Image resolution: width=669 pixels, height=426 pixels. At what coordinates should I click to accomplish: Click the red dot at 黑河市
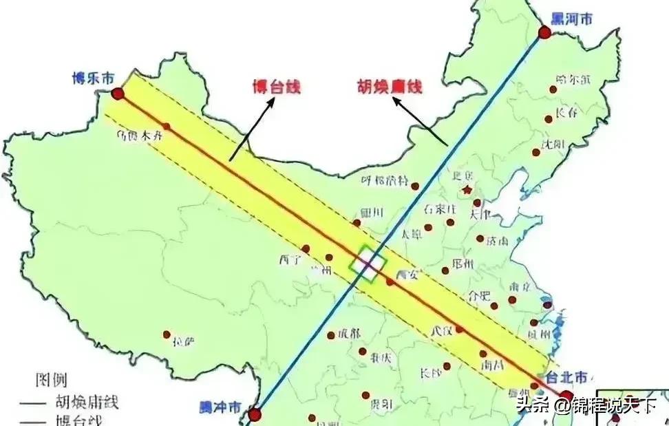coord(544,32)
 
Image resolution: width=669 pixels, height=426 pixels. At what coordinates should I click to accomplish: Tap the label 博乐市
coord(93,79)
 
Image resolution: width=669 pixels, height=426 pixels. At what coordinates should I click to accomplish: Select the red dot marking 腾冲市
coord(255,414)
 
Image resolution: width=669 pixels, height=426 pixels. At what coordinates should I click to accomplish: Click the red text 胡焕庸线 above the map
coord(389,87)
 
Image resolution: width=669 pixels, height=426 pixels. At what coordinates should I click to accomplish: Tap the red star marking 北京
coord(468,189)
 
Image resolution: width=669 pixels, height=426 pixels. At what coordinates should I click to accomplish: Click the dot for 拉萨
coord(167,334)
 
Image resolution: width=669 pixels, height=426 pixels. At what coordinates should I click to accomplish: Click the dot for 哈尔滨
coord(553,89)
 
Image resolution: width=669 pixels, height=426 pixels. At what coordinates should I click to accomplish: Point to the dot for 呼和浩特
coord(415,186)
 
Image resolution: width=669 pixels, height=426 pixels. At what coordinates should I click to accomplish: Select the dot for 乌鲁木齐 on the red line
coord(167,126)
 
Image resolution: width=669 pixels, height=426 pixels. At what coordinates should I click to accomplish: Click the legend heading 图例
coord(51,380)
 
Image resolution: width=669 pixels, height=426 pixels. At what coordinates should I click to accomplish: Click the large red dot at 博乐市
coord(118,94)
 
